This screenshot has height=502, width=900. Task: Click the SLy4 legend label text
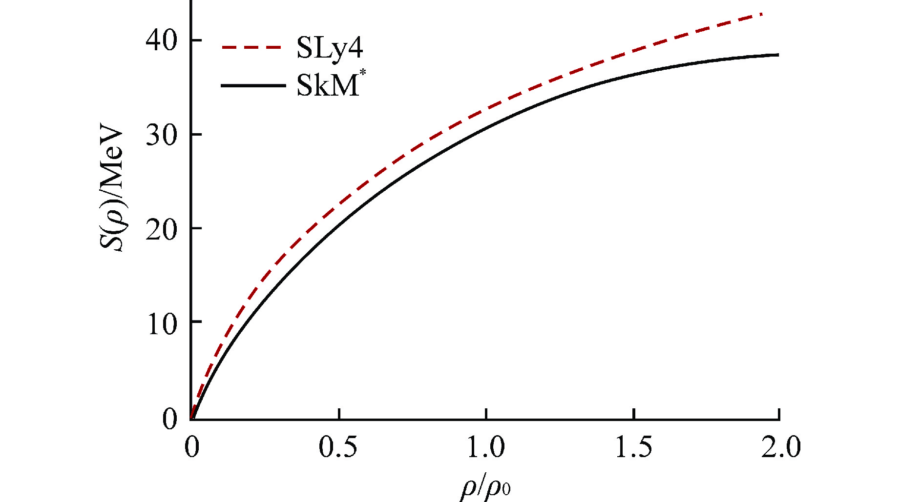coord(330,48)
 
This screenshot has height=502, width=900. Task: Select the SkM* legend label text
coord(327,86)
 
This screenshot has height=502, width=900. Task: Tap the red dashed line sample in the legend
coord(251,48)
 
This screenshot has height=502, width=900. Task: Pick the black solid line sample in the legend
coord(252,85)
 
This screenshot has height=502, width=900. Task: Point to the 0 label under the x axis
coord(192,447)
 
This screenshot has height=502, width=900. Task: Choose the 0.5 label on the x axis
coord(338,447)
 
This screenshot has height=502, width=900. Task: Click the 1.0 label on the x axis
coord(486,447)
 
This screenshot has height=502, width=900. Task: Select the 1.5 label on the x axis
coord(633,447)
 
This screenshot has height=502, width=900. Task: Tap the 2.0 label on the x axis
coord(781,447)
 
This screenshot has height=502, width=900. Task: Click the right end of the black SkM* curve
coord(778,55)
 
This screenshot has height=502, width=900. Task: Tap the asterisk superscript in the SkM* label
coord(362,75)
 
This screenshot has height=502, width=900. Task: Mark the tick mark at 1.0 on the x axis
coord(486,414)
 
